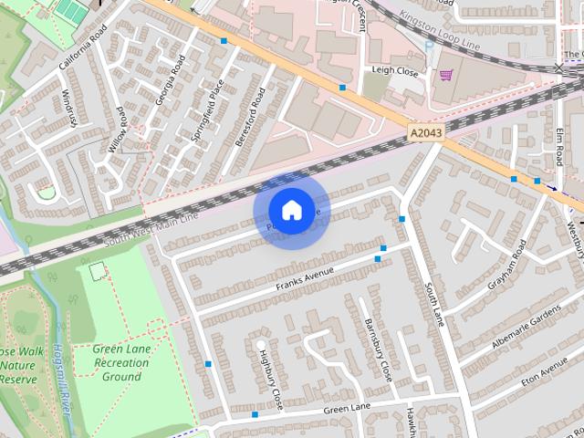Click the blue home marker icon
click(291, 211)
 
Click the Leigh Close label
click(394, 69)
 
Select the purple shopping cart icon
click(446, 75)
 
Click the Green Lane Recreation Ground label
click(121, 362)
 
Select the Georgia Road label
click(171, 78)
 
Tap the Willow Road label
click(118, 129)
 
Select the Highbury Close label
click(270, 379)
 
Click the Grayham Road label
click(506, 265)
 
